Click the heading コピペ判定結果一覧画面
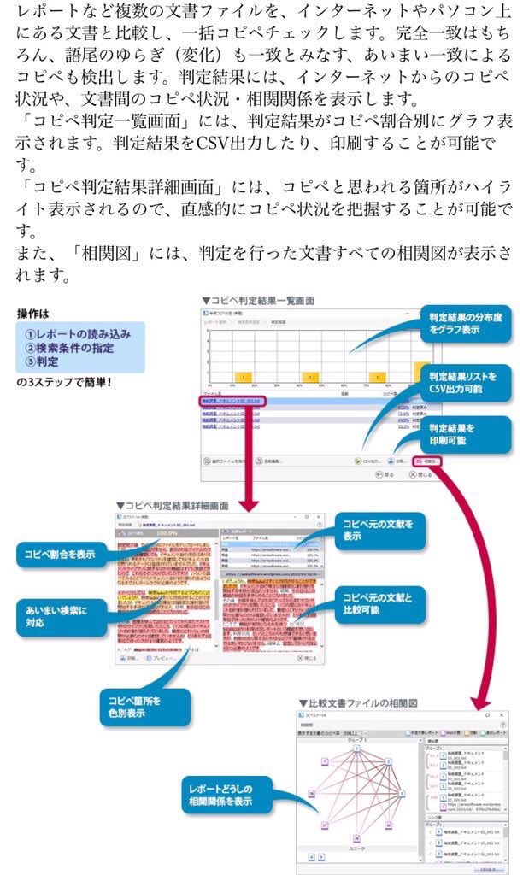(x=258, y=301)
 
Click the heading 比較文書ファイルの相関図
(x=358, y=702)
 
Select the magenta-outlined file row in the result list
(x=232, y=400)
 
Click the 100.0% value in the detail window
(x=166, y=531)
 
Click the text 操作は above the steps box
(x=35, y=313)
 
